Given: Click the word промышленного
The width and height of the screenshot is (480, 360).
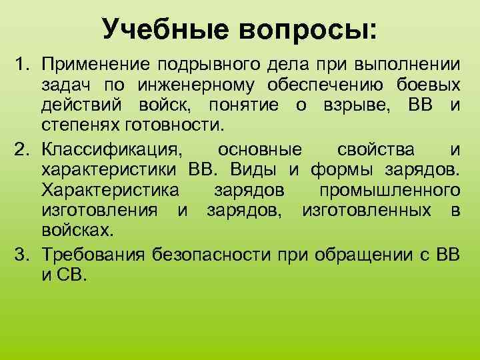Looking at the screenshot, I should [x=389, y=190].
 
